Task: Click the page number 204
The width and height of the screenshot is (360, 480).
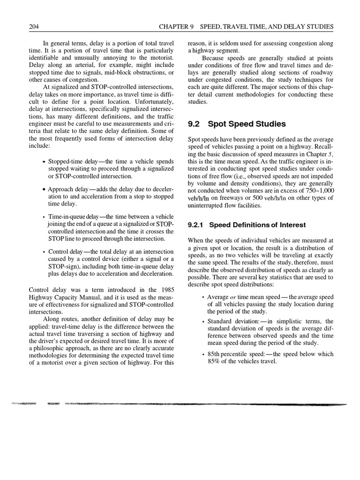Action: click(x=34, y=27)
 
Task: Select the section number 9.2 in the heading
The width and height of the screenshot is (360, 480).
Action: click(x=194, y=124)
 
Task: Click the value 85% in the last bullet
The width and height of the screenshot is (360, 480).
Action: click(x=215, y=361)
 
